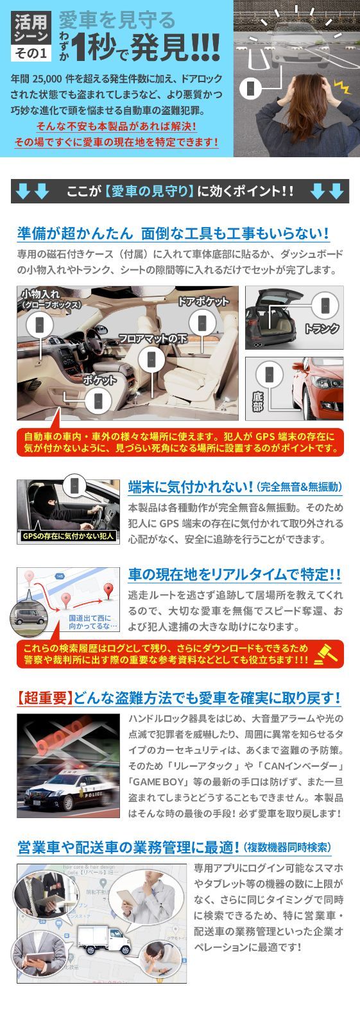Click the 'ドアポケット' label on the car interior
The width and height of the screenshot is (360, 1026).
[203, 302]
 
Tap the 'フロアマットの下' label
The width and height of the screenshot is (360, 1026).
[153, 338]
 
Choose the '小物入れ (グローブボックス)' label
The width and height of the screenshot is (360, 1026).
[51, 299]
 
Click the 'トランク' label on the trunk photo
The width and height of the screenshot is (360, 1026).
[321, 329]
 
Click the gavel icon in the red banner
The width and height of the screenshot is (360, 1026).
[329, 653]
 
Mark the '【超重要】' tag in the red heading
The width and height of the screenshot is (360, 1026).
[44, 697]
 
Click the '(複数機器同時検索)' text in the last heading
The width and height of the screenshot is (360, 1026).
[287, 848]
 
